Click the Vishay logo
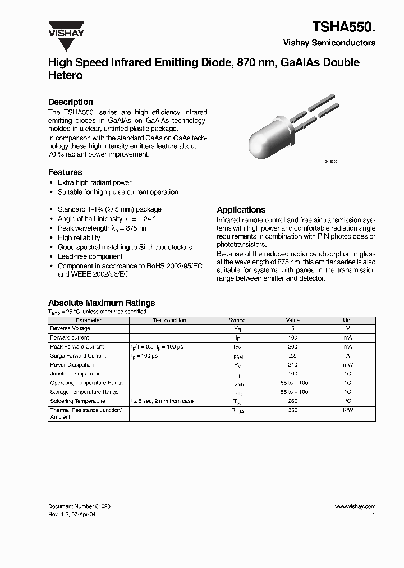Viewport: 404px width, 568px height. point(66,29)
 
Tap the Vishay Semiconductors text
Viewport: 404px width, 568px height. point(329,43)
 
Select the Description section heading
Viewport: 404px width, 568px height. point(71,102)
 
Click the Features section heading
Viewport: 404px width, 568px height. point(65,172)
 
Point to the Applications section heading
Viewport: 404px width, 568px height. point(241,209)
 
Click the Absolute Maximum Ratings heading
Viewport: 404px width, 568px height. point(102,303)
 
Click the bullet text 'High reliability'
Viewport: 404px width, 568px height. point(79,237)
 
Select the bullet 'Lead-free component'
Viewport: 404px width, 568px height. point(90,256)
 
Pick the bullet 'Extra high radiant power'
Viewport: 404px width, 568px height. point(94,182)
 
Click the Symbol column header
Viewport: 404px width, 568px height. point(237,320)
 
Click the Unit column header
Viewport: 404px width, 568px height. point(348,320)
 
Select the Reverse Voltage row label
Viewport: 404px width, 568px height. point(70,328)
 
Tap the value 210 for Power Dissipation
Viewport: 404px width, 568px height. point(293,365)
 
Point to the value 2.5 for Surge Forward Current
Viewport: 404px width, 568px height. point(293,356)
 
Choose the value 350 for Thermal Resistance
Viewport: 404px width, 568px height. point(293,411)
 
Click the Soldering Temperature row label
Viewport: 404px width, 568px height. point(77,401)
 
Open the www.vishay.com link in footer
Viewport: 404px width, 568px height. point(355,506)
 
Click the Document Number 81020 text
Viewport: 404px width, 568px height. point(79,506)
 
